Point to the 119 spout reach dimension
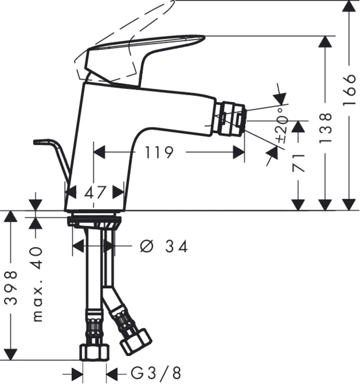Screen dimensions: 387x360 tap(158, 153)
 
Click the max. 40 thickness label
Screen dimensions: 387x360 tap(37, 283)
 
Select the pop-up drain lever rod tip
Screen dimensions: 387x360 tap(36, 142)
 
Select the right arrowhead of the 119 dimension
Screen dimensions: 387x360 tap(238, 153)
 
